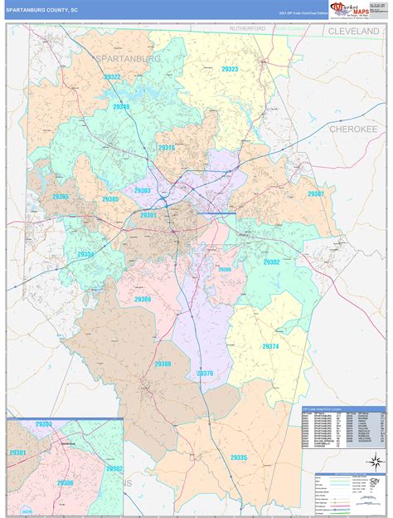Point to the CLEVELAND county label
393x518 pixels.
point(357,31)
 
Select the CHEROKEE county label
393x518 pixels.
point(353,129)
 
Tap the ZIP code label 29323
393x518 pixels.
point(230,70)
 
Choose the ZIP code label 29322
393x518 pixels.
point(112,77)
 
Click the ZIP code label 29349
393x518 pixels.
point(121,107)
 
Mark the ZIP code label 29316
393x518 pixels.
point(167,148)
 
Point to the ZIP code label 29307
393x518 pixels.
point(316,193)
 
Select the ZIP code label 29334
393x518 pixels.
point(85,254)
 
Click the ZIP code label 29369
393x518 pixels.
point(143,299)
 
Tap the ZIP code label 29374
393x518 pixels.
point(271,346)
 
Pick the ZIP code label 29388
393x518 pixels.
point(163,364)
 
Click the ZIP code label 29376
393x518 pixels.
point(205,374)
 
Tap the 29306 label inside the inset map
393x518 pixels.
point(65,482)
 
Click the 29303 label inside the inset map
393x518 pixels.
point(44,424)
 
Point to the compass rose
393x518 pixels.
point(375,462)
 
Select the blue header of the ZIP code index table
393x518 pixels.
point(342,409)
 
